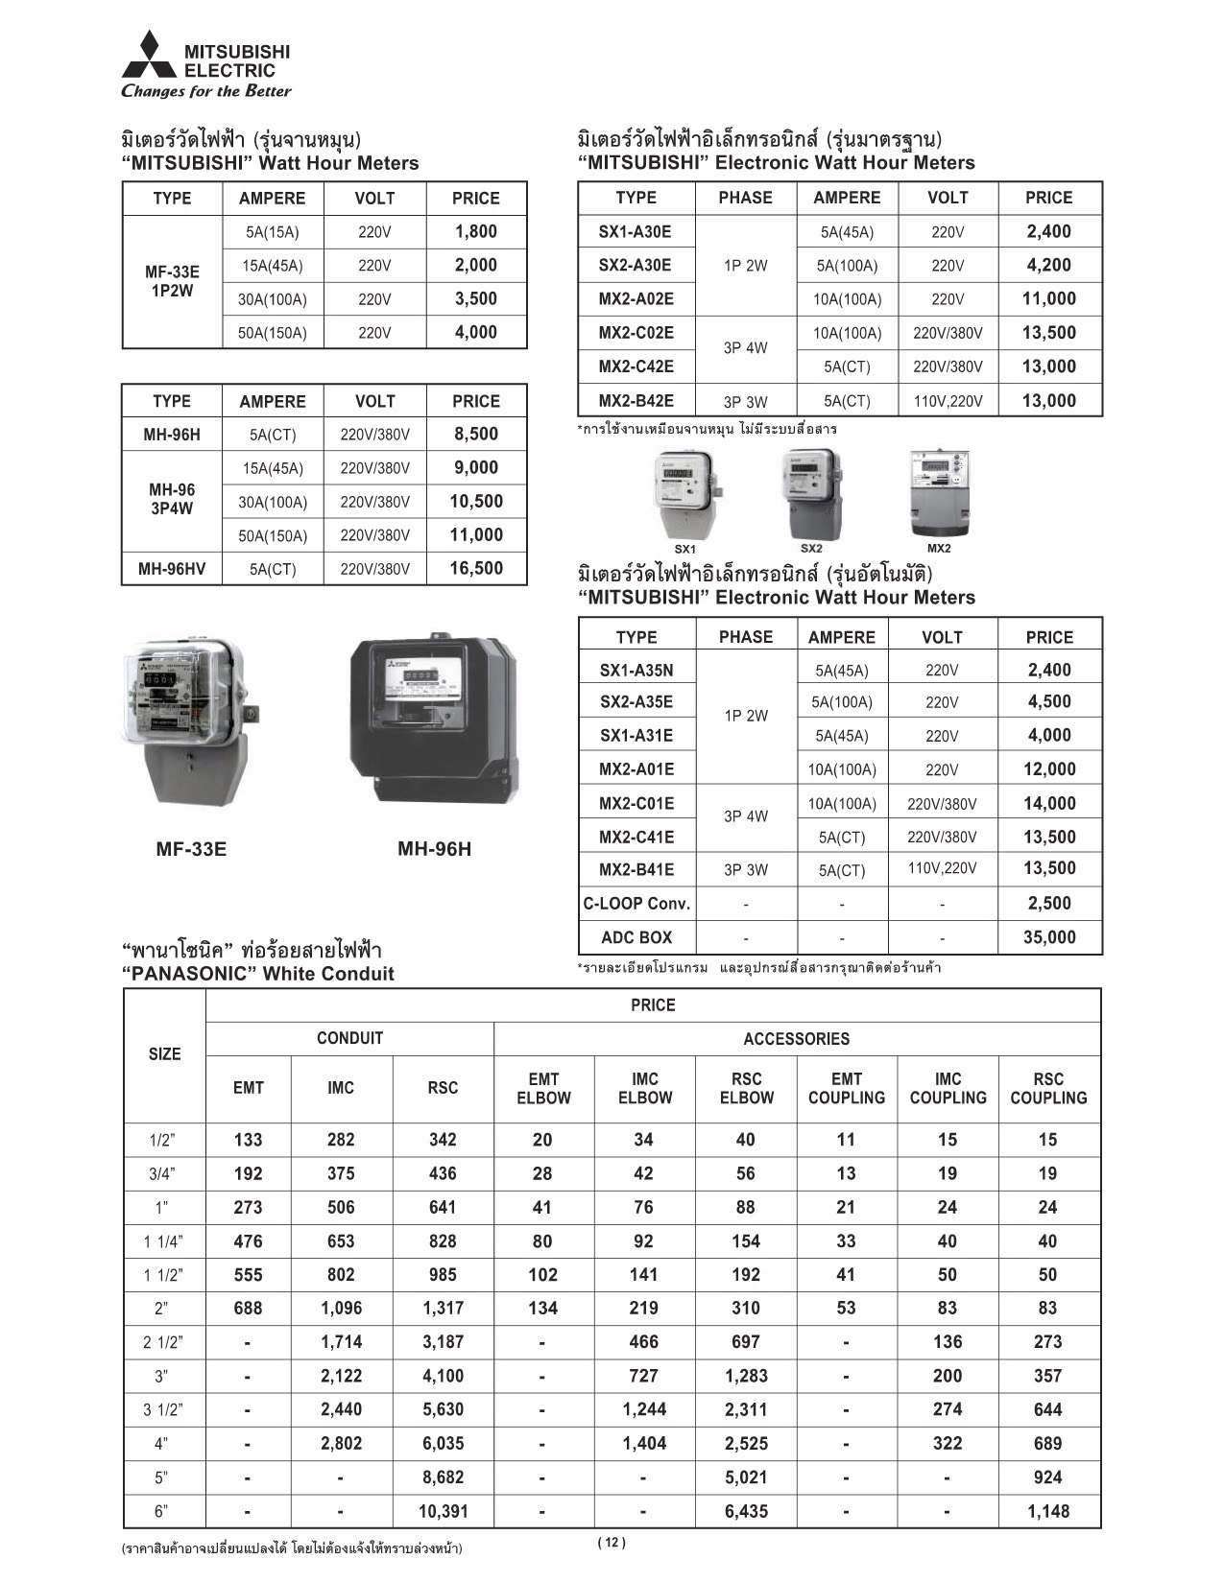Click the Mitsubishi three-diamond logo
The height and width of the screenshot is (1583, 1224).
[149, 55]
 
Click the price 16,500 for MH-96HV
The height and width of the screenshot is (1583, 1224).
[476, 569]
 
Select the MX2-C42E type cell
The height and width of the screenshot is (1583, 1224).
[636, 366]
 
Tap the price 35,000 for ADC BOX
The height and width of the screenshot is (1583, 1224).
[1049, 937]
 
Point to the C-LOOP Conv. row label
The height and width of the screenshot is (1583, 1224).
[636, 904]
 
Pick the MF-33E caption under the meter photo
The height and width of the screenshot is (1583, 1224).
[191, 849]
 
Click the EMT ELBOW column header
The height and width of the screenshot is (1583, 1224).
[543, 1088]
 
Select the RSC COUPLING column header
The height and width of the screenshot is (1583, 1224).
[1048, 1088]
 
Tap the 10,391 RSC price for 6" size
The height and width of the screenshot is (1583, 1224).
[443, 1511]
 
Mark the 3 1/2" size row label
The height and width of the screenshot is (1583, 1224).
[163, 1410]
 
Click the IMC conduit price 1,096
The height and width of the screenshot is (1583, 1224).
[341, 1308]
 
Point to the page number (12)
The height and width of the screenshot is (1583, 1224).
[611, 1543]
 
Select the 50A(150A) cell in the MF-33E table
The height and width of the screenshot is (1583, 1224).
[273, 333]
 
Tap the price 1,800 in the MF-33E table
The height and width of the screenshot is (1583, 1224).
[476, 231]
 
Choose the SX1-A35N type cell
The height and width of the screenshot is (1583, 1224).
[636, 671]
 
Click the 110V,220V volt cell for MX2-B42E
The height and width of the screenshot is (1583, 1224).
[948, 401]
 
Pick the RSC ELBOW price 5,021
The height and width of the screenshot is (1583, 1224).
[746, 1477]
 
